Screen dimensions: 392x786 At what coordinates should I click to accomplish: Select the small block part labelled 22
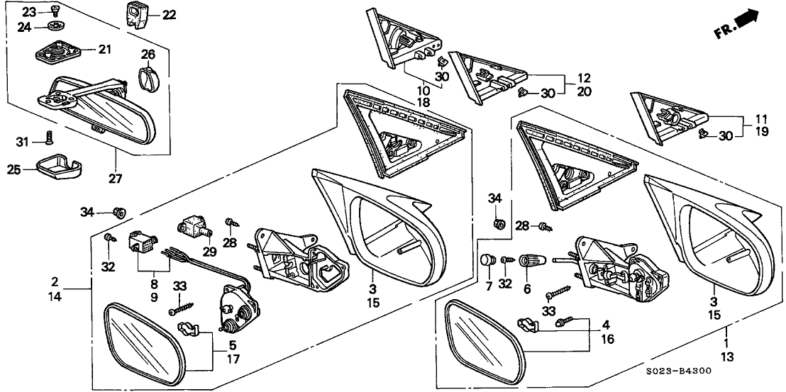(x=138, y=13)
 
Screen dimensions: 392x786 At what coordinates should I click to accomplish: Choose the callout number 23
(x=28, y=11)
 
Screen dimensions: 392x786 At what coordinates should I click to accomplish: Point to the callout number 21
(x=105, y=50)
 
